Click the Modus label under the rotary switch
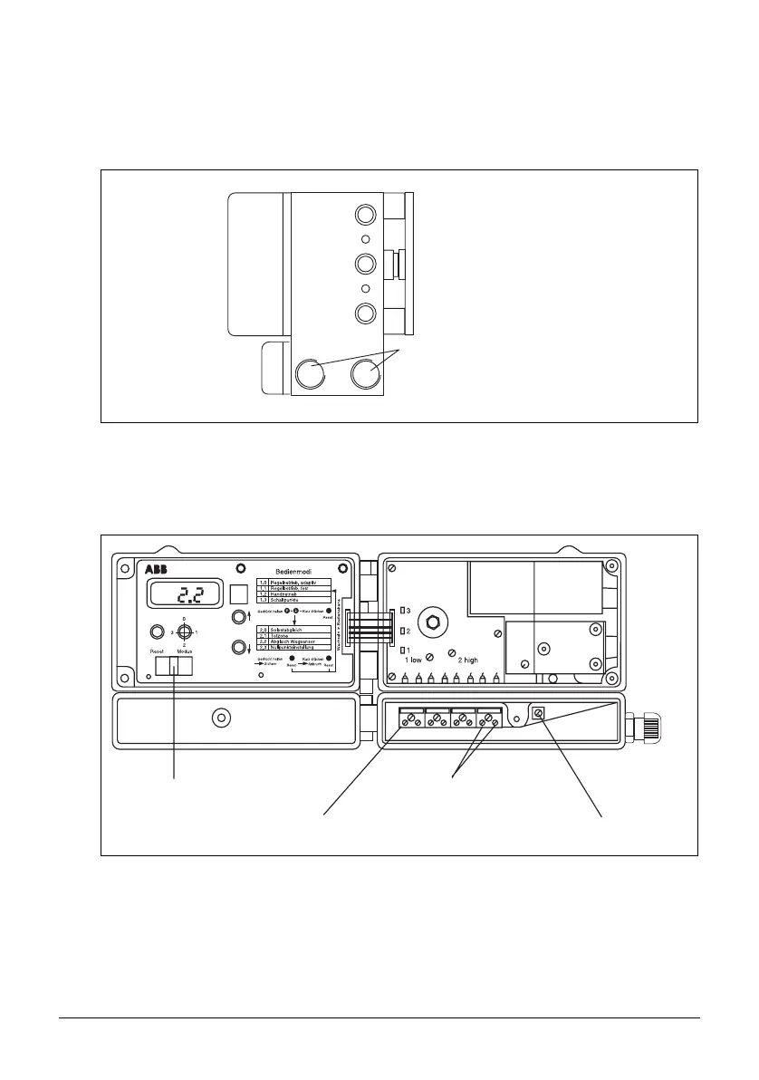(184, 651)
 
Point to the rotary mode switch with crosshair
(184, 632)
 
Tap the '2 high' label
(467, 661)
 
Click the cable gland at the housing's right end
(649, 727)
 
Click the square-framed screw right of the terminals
(539, 714)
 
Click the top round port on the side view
(365, 215)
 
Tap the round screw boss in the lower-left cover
(219, 719)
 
